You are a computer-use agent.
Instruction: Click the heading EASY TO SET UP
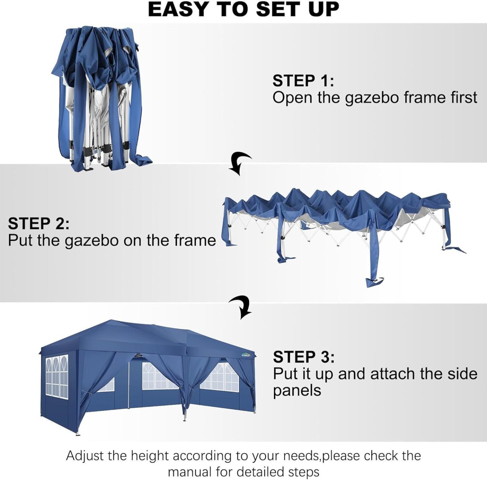[243, 10]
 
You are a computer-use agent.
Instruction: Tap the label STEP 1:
[303, 80]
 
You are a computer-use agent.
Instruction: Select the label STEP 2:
[38, 223]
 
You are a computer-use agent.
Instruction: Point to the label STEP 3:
[304, 357]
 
